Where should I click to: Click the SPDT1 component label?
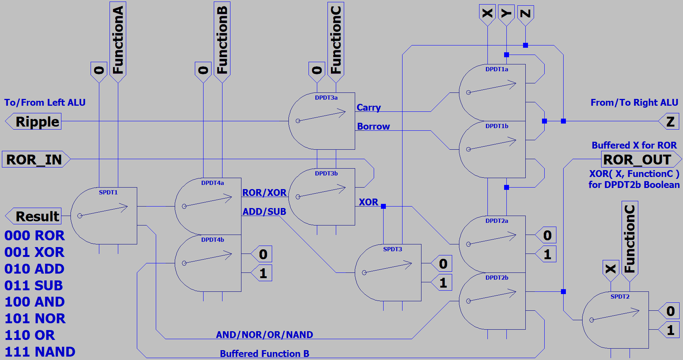point(108,193)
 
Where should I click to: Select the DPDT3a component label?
point(326,98)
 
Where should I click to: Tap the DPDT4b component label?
point(212,240)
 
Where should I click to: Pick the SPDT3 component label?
point(392,249)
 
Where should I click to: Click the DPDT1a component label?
point(497,69)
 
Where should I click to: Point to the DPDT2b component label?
point(497,278)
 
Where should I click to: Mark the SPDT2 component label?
point(620,297)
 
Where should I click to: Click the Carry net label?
point(368,108)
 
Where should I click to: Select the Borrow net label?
point(373,127)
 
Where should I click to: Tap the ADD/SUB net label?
point(264,211)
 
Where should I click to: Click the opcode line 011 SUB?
point(34,285)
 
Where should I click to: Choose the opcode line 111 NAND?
point(40,352)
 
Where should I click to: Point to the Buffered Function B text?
point(265,354)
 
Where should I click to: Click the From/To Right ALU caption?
point(634,103)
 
